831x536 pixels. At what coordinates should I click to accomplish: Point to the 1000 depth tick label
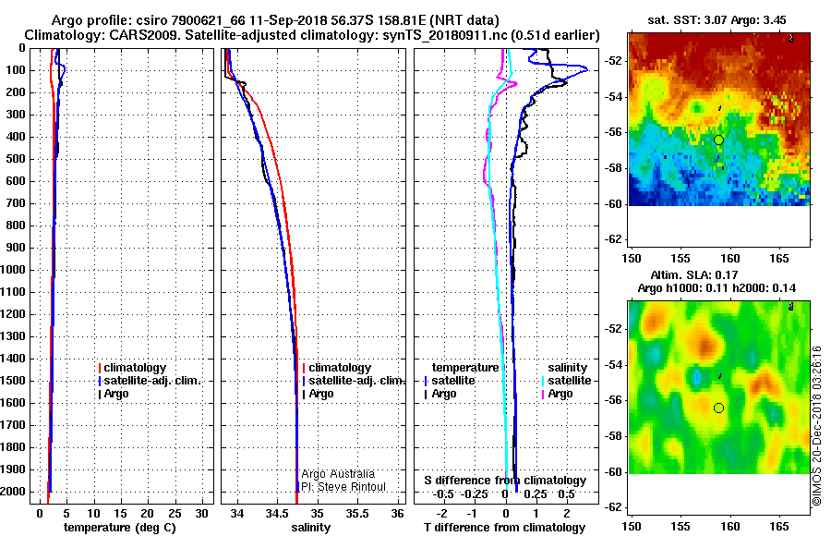pyautogui.click(x=13, y=270)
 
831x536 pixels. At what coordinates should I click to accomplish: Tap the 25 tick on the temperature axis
pyautogui.click(x=175, y=514)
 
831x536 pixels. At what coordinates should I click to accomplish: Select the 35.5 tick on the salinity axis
pyautogui.click(x=357, y=514)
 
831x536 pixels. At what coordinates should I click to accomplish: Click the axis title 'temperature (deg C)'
pyautogui.click(x=120, y=528)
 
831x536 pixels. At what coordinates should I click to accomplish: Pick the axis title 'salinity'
pyautogui.click(x=310, y=528)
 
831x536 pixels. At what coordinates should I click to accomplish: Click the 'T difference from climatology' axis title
pyautogui.click(x=504, y=528)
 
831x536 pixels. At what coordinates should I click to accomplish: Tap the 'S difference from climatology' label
pyautogui.click(x=505, y=481)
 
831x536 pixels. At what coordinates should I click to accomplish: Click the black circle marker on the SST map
pyautogui.click(x=718, y=140)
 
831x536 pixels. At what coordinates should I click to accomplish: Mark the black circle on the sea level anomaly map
pyautogui.click(x=718, y=408)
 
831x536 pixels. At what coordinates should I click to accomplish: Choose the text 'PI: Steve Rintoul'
pyautogui.click(x=343, y=487)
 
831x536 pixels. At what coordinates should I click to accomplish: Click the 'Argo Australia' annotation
pyautogui.click(x=338, y=474)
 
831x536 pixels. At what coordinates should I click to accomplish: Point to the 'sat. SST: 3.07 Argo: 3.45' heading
pyautogui.click(x=717, y=20)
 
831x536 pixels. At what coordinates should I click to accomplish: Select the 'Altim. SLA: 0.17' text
pyautogui.click(x=693, y=274)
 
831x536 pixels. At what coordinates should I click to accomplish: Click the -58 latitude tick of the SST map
pyautogui.click(x=614, y=168)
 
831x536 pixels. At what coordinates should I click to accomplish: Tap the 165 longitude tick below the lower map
pyautogui.click(x=779, y=527)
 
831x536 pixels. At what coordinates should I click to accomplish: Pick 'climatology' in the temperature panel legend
pyautogui.click(x=135, y=368)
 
